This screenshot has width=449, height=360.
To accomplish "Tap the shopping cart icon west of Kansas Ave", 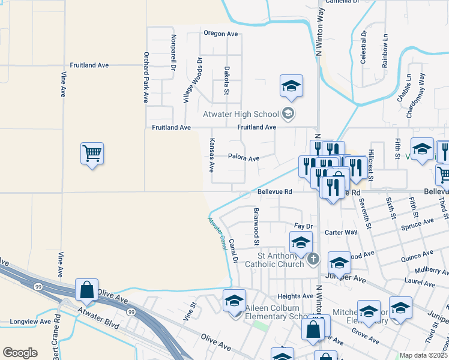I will coord(92,154).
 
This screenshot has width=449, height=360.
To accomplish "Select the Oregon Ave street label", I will coord(221,34).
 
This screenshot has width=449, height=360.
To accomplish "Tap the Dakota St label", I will coord(227,80).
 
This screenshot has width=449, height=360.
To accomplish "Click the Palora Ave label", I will coord(243,158).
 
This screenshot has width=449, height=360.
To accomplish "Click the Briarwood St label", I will coord(256,226).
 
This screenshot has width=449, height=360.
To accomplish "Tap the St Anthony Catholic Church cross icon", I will coord(312,259).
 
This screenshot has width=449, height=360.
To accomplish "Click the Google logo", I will coord(20,353).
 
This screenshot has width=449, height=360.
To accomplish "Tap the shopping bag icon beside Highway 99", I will coord(87,290).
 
